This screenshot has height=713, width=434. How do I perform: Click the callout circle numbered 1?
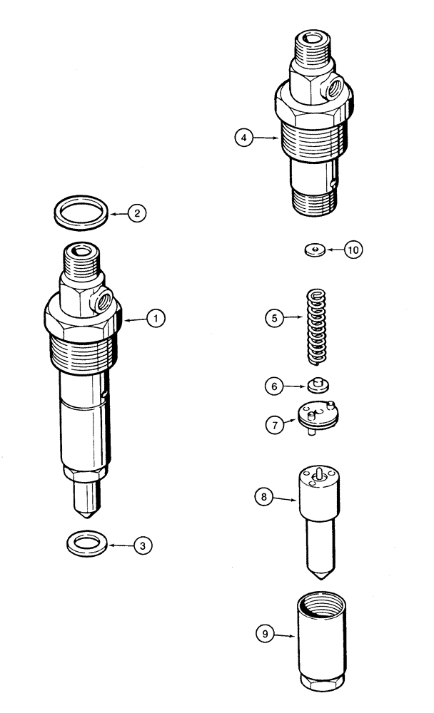pos(156,318)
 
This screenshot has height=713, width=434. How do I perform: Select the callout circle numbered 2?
pos(137,212)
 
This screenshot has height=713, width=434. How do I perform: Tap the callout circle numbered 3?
pos(143,545)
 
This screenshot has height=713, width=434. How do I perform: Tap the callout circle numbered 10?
pos(354,250)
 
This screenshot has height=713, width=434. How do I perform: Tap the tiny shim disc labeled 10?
pos(313,250)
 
